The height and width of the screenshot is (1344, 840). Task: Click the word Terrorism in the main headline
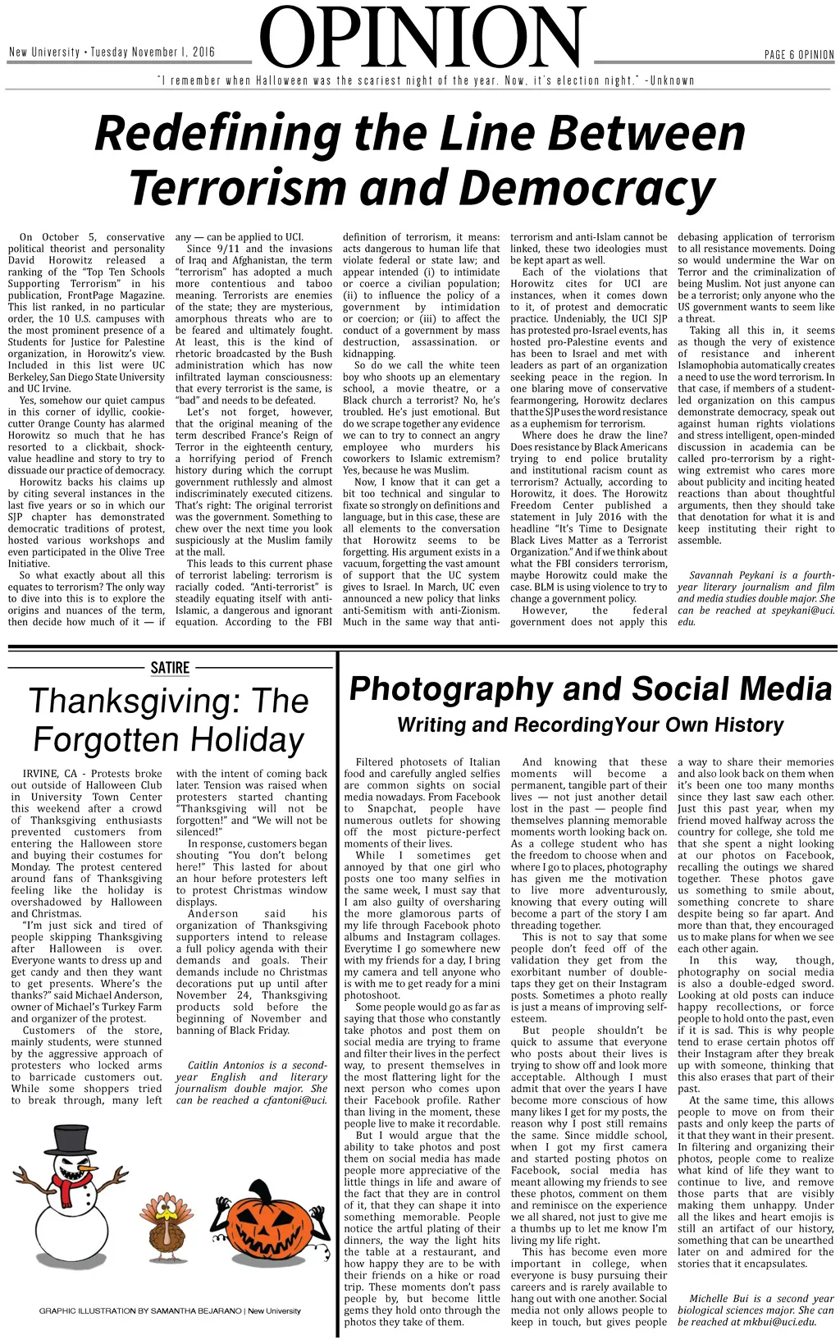coord(235,187)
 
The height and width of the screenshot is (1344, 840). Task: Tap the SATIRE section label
coord(170,668)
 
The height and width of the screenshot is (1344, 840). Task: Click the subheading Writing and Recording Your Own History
coord(591,725)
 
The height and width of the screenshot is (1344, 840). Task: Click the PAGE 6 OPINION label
coord(799,55)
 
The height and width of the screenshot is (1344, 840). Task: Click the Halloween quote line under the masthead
coord(426,80)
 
